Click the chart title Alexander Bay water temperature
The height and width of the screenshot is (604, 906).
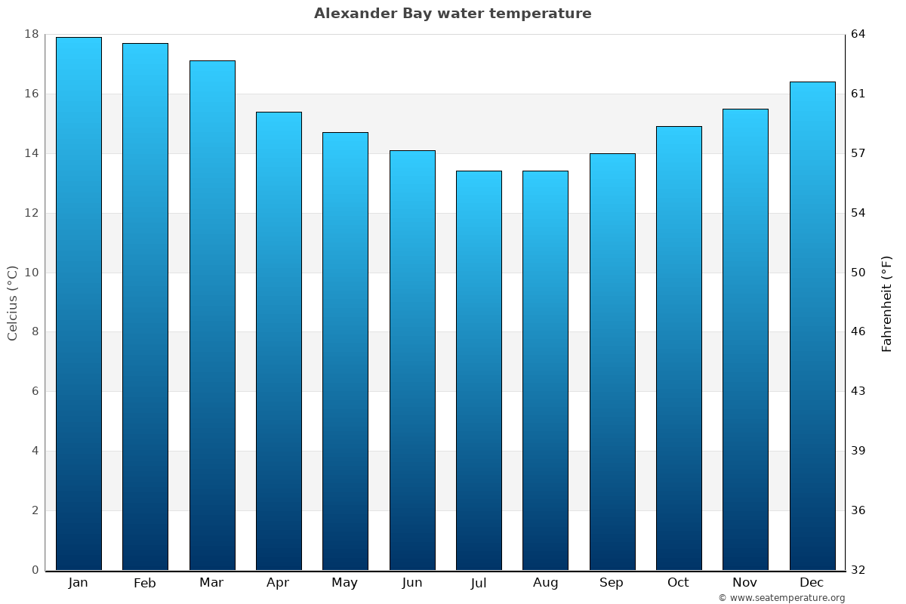(452, 14)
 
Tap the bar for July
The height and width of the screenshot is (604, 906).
(479, 370)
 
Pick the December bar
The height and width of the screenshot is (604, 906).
(812, 325)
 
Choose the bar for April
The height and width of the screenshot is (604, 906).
(279, 341)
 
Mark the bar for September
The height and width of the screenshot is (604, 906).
(612, 362)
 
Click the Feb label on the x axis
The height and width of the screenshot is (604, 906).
(144, 583)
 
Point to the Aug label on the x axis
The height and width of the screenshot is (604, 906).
(545, 583)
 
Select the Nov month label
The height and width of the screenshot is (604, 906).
(744, 583)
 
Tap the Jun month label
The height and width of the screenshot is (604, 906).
(412, 583)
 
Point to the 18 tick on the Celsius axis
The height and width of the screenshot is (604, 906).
(31, 34)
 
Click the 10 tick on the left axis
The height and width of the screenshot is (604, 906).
(31, 273)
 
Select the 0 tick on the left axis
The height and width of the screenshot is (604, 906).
(35, 570)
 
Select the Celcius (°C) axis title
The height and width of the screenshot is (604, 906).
(12, 303)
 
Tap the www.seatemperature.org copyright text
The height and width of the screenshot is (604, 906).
(781, 598)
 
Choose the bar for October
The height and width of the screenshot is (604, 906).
(678, 348)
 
